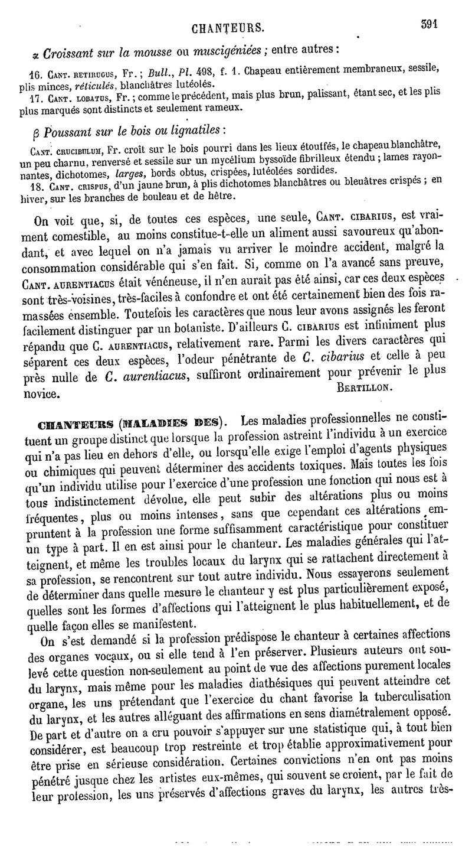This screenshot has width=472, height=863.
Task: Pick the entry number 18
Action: coord(35,185)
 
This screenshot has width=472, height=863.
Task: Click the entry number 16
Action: coord(35,77)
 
